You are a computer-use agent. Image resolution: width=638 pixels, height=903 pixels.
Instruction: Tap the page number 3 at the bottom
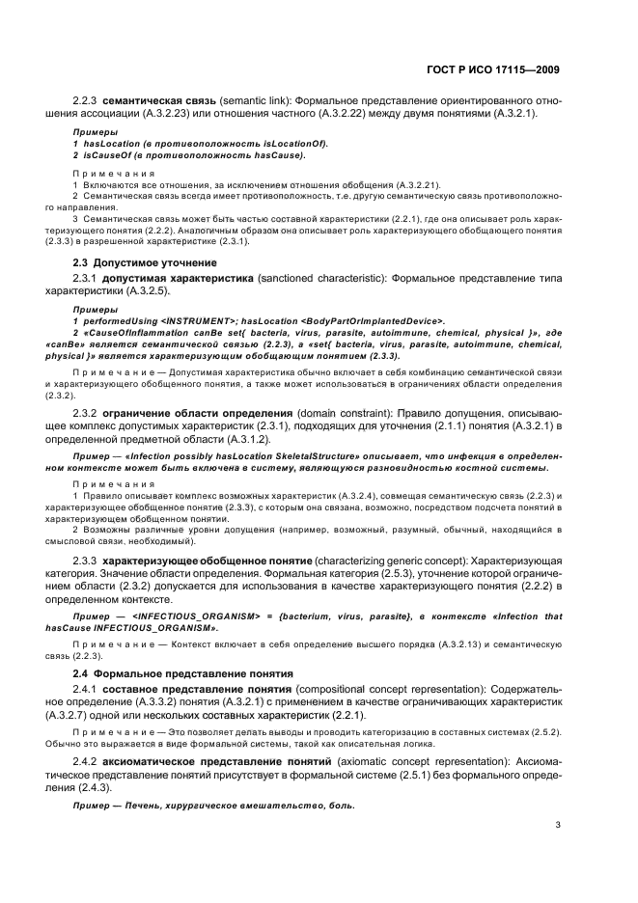click(x=558, y=825)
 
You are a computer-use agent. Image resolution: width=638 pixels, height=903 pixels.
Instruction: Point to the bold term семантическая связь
click(x=154, y=100)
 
